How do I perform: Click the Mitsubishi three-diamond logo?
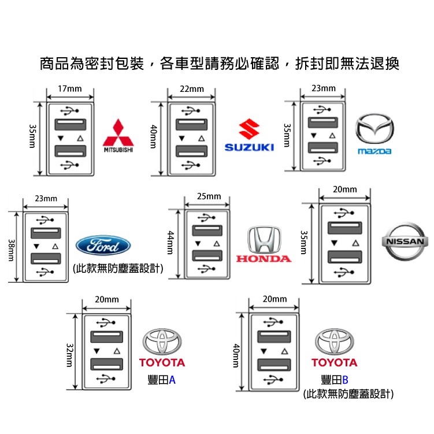pos(118,133)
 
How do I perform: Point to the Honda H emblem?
pos(264,238)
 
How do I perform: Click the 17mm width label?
pos(70,88)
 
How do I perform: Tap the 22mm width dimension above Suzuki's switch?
pos(192,88)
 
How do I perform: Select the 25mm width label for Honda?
pos(209,196)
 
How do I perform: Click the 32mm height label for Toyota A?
pos(70,354)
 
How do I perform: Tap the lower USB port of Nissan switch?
pos(345,257)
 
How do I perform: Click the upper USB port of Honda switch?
pos(208,231)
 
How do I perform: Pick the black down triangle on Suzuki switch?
pos(182,139)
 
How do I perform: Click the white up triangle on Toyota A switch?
pos(117,350)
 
